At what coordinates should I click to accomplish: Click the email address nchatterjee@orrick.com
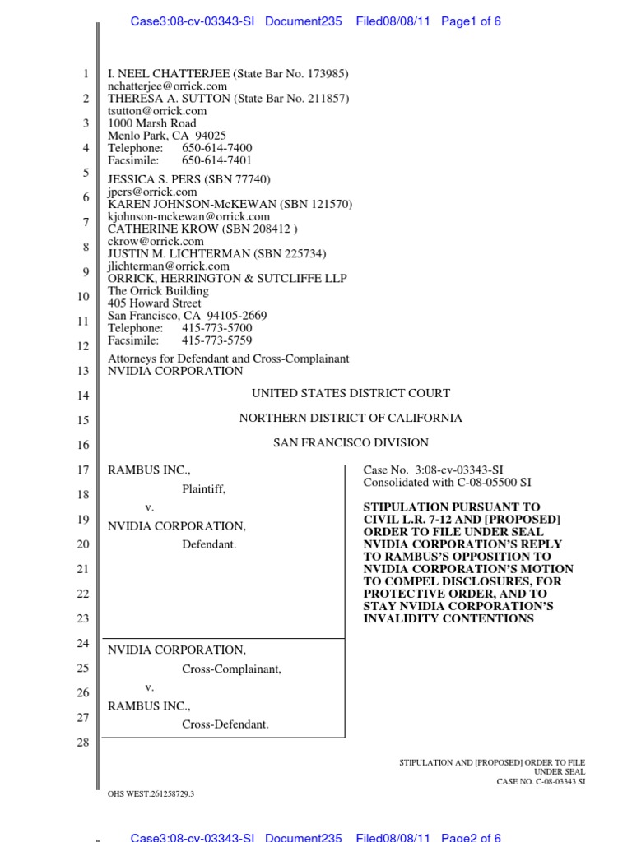(x=167, y=86)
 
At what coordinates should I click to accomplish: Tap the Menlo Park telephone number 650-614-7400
(x=217, y=148)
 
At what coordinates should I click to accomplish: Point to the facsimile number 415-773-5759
(x=217, y=340)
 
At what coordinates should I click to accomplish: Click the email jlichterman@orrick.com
(x=169, y=266)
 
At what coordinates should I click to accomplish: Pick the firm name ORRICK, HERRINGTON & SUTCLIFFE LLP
(x=228, y=279)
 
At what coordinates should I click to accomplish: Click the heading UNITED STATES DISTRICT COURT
(x=351, y=394)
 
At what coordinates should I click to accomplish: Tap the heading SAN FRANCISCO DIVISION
(x=351, y=443)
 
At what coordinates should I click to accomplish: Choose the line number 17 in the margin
(x=82, y=470)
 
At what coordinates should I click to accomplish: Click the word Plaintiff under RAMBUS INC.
(x=203, y=489)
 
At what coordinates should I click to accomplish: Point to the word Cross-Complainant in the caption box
(x=231, y=669)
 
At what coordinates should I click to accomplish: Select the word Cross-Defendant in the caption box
(x=225, y=724)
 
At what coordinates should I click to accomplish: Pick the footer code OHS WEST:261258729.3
(x=151, y=793)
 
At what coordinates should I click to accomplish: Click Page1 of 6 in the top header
(x=471, y=22)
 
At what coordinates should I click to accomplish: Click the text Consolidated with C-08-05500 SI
(x=447, y=482)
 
